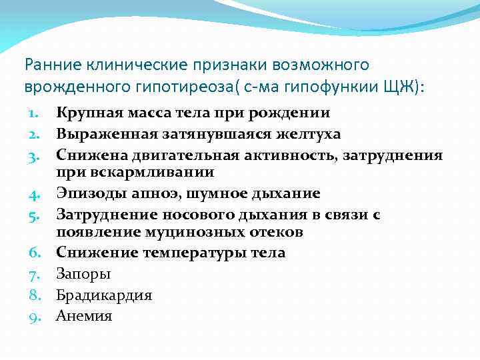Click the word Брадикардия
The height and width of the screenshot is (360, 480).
tap(104, 295)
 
